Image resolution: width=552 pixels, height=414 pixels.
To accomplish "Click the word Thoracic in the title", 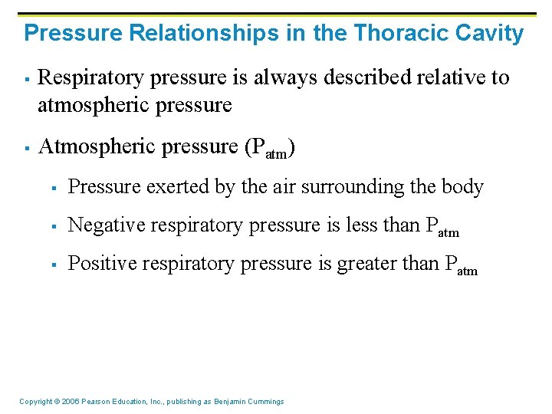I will coord(389,34).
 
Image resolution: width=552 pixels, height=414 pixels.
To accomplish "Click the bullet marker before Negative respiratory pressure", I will coord(55,226).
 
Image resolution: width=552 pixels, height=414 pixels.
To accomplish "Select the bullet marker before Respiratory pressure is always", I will coord(25,79).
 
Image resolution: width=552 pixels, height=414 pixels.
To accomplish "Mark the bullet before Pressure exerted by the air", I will coord(55,188).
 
